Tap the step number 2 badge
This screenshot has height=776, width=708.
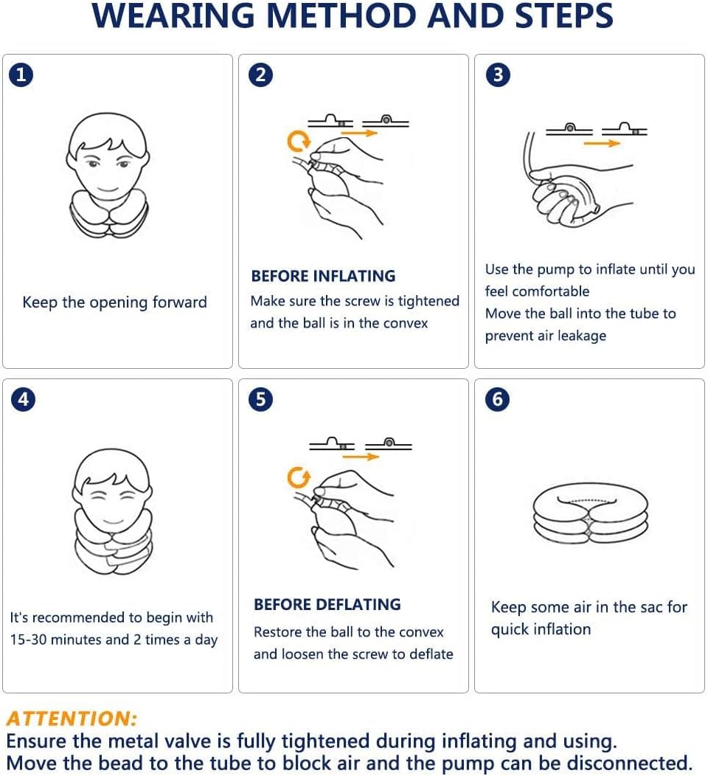click(x=261, y=75)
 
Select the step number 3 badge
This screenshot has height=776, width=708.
click(x=498, y=75)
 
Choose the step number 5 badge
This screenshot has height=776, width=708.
click(x=261, y=399)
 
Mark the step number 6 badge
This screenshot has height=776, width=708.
click(x=498, y=399)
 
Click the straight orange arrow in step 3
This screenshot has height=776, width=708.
click(x=603, y=143)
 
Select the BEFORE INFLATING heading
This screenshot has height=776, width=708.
click(x=323, y=276)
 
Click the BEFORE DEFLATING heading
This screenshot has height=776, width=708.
click(x=327, y=604)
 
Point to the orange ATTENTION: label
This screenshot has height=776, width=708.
click(x=72, y=718)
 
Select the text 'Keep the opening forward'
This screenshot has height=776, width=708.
click(x=114, y=302)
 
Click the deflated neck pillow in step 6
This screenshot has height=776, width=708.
click(x=590, y=513)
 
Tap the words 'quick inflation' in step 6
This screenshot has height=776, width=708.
click(x=541, y=629)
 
